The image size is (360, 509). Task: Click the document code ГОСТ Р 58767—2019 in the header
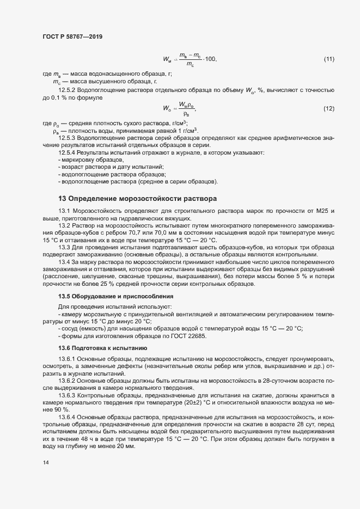72,37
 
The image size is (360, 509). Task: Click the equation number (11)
329,59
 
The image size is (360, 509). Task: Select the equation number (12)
329,109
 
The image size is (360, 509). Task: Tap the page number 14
45,463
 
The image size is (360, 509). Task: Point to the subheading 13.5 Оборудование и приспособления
116,297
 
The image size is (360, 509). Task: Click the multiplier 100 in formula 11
210,59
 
